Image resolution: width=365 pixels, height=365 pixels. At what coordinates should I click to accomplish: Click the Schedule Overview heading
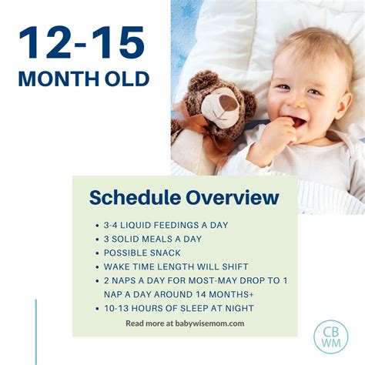[x=184, y=198]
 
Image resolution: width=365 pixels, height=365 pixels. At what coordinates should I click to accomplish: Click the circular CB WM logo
[x=330, y=336]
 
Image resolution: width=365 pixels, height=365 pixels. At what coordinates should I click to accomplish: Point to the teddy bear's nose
[x=229, y=102]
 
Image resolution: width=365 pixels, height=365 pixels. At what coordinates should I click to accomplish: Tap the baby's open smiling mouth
[x=296, y=121]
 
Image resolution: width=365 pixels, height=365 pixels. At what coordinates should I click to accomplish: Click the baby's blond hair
[x=308, y=42]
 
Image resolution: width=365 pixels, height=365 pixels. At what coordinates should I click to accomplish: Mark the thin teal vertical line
[x=35, y=331]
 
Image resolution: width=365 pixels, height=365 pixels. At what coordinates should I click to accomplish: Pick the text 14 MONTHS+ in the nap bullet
[x=223, y=294]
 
